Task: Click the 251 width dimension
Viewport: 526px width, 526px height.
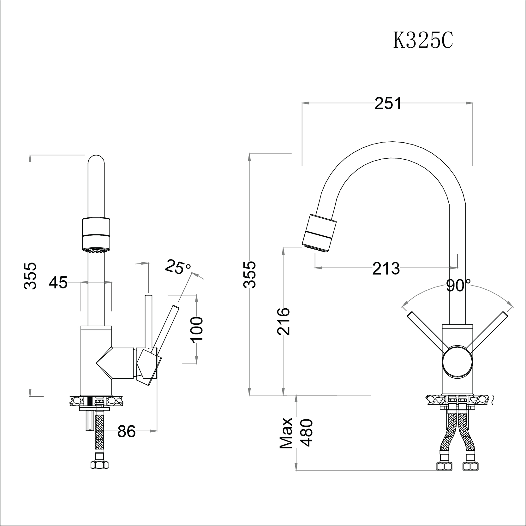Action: click(x=388, y=103)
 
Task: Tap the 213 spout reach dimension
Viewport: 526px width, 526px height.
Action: click(x=386, y=269)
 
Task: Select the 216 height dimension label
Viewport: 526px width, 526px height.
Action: click(x=283, y=321)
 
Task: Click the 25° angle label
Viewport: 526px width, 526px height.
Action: click(x=178, y=267)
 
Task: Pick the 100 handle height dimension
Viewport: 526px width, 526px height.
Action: click(x=196, y=329)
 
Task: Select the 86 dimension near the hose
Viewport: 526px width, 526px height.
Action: click(x=126, y=431)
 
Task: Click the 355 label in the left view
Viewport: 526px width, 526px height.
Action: click(x=31, y=275)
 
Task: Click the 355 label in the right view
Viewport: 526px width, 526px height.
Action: click(x=250, y=274)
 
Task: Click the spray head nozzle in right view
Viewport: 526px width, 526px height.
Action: click(x=318, y=233)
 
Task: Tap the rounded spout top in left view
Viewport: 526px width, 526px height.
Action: click(x=96, y=163)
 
